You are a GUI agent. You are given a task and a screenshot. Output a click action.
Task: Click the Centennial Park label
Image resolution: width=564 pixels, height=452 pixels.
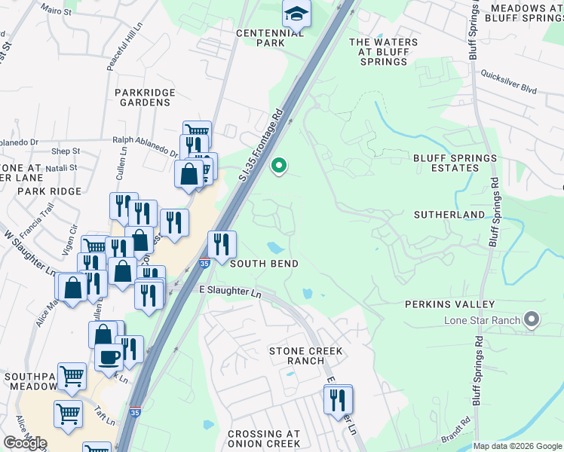click(260, 38)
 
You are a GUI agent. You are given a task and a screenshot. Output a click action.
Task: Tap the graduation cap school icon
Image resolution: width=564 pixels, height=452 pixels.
click(296, 14)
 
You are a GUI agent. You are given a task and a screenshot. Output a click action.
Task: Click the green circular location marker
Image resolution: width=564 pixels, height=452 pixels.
click(279, 165)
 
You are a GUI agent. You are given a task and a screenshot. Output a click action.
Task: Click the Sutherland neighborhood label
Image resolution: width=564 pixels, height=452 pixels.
click(449, 215)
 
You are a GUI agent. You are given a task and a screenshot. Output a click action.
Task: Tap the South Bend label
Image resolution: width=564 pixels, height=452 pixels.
click(264, 264)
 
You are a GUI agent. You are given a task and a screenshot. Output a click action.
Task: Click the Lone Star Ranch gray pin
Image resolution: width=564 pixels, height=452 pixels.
click(532, 320)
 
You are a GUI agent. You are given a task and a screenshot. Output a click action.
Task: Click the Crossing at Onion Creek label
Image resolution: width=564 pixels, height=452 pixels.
click(264, 439)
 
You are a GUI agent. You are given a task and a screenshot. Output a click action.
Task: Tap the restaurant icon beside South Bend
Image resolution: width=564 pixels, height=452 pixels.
click(222, 244)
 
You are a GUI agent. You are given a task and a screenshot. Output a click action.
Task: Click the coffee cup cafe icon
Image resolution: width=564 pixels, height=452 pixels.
click(109, 356)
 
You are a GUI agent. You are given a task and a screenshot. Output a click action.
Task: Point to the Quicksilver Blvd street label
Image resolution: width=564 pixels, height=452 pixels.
click(510, 84)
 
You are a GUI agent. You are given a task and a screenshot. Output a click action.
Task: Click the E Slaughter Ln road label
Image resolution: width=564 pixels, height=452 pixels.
click(230, 290)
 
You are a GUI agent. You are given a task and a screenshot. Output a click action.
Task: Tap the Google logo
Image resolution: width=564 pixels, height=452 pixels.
click(25, 443)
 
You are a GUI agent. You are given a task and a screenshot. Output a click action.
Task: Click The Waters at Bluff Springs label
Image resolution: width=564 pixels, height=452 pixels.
click(379, 51)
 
